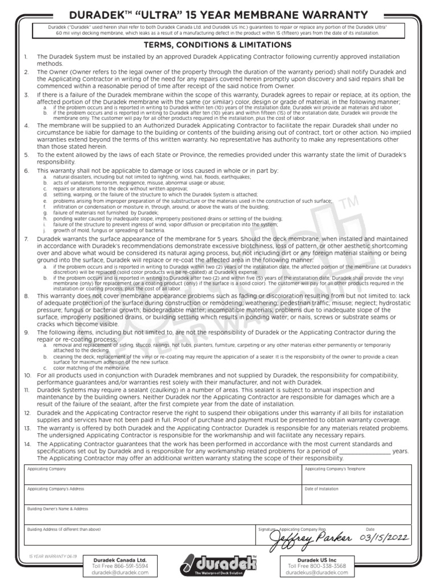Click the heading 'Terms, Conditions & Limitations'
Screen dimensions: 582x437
(218, 45)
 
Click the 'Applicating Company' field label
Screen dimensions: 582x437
(47, 469)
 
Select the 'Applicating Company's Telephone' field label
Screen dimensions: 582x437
(335, 469)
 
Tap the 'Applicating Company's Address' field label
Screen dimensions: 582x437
(56, 489)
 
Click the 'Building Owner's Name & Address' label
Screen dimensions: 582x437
(57, 509)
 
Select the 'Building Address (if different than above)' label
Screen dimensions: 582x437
(64, 529)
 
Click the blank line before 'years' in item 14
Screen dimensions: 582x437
(364, 452)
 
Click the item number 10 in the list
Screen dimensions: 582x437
(27, 376)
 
